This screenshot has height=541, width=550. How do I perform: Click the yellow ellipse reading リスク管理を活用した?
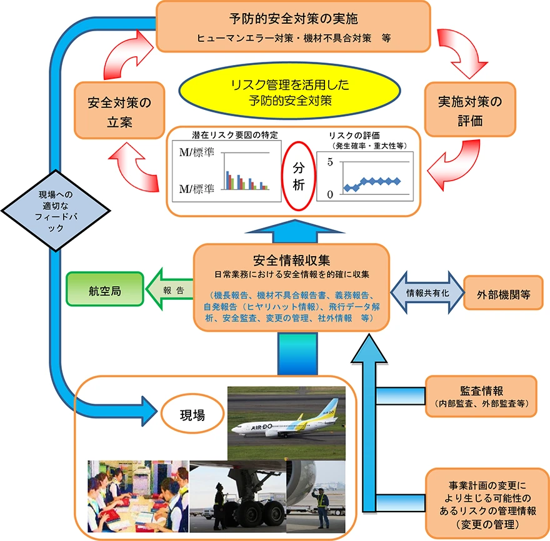point(290,91)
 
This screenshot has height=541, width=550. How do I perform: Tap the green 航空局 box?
point(105,289)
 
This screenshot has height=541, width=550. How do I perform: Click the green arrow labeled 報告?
point(169,290)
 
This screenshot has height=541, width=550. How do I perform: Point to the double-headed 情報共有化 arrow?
point(427,292)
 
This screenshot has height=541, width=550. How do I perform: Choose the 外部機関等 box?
point(503,293)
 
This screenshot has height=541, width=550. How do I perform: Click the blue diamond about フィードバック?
point(56,211)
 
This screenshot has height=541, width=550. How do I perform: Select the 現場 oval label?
point(192,414)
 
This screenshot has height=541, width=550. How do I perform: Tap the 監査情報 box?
point(481,396)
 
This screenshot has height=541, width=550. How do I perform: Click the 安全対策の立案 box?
point(119,111)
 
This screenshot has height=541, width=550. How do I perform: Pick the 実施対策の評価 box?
point(470,109)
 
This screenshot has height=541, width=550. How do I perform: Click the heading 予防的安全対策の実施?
point(294,18)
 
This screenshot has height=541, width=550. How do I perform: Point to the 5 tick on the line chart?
point(330,162)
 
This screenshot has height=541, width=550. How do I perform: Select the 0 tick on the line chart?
point(330,194)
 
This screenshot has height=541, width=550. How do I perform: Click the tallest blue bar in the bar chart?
point(227,180)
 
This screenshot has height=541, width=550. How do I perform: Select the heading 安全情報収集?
point(291,260)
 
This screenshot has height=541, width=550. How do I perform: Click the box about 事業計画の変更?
point(487,504)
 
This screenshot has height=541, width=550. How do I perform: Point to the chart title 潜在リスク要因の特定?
point(235,135)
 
